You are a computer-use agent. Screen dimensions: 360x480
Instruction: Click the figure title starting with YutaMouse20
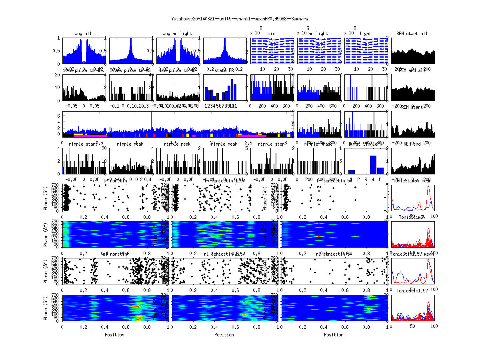click(x=240, y=19)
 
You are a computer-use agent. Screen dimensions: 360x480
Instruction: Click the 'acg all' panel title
click(x=83, y=34)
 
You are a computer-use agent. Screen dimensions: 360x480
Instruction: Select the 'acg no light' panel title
click(x=177, y=34)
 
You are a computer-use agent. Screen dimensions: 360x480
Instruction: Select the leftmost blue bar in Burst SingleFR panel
click(x=351, y=171)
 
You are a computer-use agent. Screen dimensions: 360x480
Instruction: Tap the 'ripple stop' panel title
click(x=272, y=144)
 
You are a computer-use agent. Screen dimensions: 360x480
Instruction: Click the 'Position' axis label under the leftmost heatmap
click(x=114, y=335)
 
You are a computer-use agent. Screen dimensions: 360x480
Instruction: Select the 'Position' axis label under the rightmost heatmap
click(x=334, y=335)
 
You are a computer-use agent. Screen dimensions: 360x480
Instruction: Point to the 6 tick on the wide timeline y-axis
click(x=58, y=116)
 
